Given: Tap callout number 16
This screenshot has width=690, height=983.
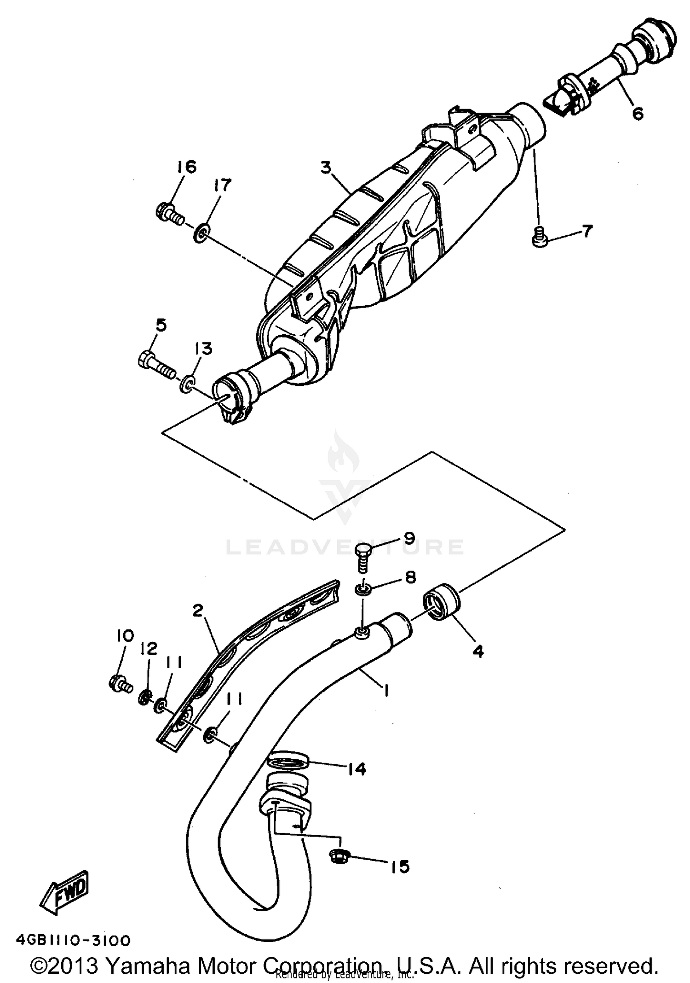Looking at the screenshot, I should [186, 167].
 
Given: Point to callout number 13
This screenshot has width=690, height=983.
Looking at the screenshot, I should [204, 349].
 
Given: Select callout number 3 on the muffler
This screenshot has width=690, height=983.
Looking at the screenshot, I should [326, 168].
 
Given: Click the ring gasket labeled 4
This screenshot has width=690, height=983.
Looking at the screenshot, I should [442, 601].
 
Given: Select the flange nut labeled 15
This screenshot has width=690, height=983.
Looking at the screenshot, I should [339, 856].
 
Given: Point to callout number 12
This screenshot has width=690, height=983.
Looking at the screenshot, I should [149, 649].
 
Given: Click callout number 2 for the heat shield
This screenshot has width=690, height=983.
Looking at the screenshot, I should [198, 611].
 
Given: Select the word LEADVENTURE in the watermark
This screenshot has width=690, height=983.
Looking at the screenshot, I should [345, 547].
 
